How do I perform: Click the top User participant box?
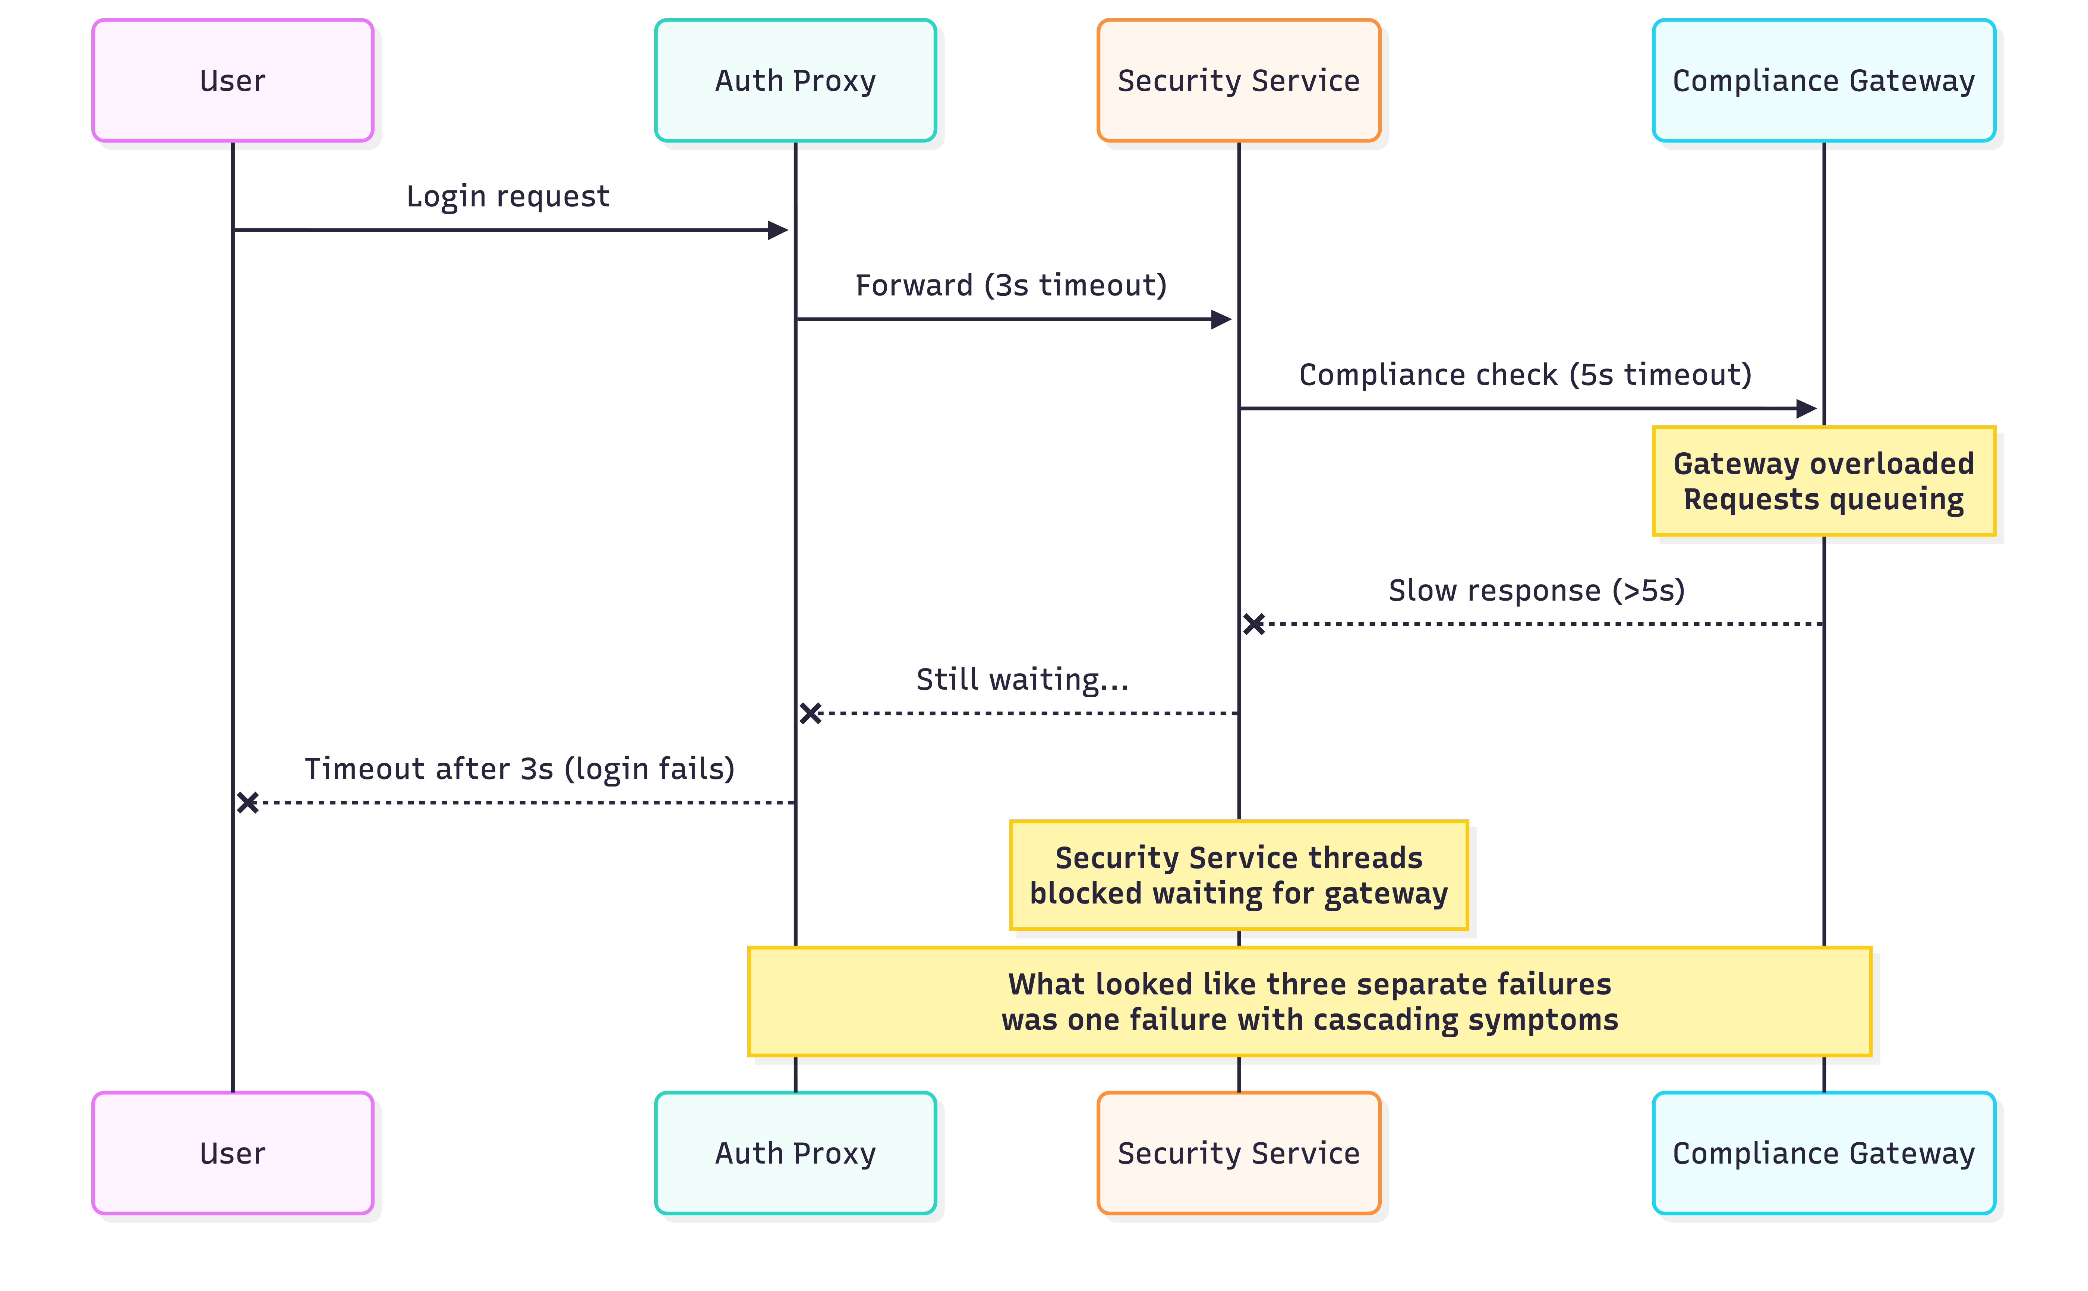pyautogui.click(x=232, y=80)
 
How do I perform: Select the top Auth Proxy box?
pyautogui.click(x=795, y=80)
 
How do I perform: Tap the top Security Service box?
pyautogui.click(x=1238, y=80)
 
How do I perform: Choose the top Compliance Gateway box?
pyautogui.click(x=1823, y=80)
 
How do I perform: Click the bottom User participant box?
pyautogui.click(x=232, y=1153)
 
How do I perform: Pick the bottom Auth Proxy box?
pyautogui.click(x=795, y=1153)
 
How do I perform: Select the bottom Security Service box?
pyautogui.click(x=1238, y=1153)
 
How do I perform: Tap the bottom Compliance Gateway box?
pyautogui.click(x=1823, y=1153)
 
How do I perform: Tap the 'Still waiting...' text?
pyautogui.click(x=1022, y=680)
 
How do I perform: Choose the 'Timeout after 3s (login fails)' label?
pyautogui.click(x=519, y=768)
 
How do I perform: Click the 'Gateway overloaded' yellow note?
pyautogui.click(x=1823, y=481)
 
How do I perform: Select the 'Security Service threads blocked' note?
pyautogui.click(x=1238, y=875)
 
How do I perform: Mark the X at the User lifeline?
pyautogui.click(x=247, y=803)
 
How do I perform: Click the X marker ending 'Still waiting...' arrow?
pyautogui.click(x=810, y=713)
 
